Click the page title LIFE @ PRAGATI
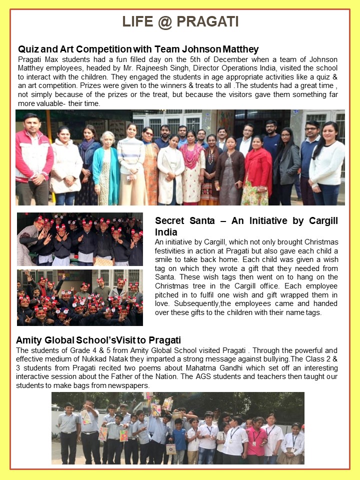point(180,22)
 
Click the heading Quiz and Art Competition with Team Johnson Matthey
point(138,49)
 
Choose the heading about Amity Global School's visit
point(98,340)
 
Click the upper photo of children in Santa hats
point(80,239)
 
